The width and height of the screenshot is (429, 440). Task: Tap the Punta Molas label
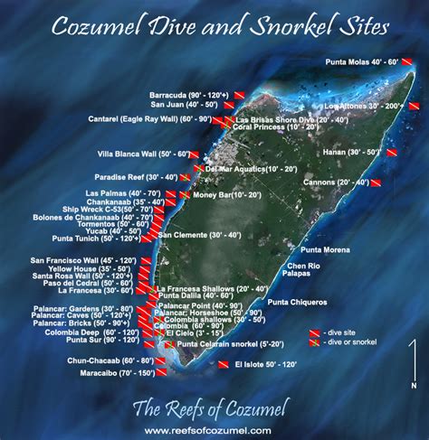click(367, 62)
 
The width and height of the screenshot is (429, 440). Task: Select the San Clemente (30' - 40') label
click(200, 235)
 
